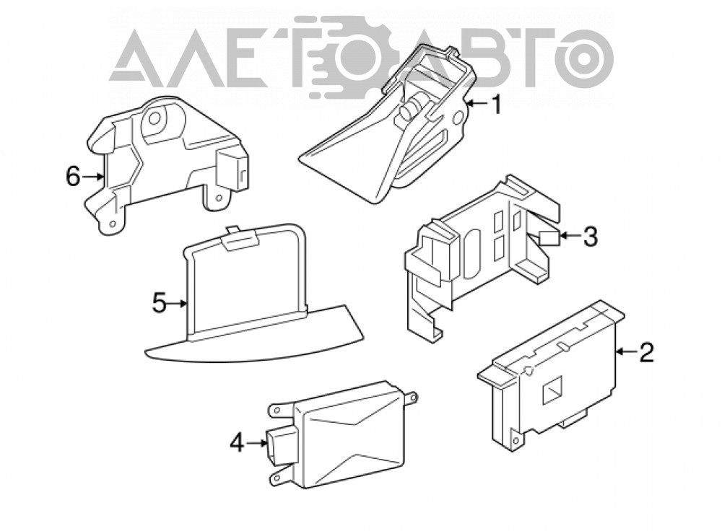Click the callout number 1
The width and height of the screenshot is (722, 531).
click(496, 105)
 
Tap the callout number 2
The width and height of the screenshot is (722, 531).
click(646, 352)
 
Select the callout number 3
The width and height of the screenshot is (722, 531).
click(590, 237)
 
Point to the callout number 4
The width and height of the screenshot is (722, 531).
click(237, 443)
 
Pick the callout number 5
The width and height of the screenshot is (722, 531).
click(160, 303)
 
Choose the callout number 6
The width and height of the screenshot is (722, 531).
click(73, 176)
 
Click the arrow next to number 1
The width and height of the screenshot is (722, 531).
click(477, 105)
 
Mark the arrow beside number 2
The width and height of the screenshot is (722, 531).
click(626, 352)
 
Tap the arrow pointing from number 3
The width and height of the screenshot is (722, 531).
click(570, 237)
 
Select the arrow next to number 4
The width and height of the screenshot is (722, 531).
click(257, 443)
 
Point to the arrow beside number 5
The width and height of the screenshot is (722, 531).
click(178, 303)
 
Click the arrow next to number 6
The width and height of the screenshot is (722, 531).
click(93, 176)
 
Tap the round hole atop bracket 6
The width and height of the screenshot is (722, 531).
click(155, 118)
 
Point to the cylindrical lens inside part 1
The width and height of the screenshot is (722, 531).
click(412, 107)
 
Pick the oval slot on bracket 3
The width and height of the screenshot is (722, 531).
click(472, 253)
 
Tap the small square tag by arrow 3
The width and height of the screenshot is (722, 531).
click(549, 239)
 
